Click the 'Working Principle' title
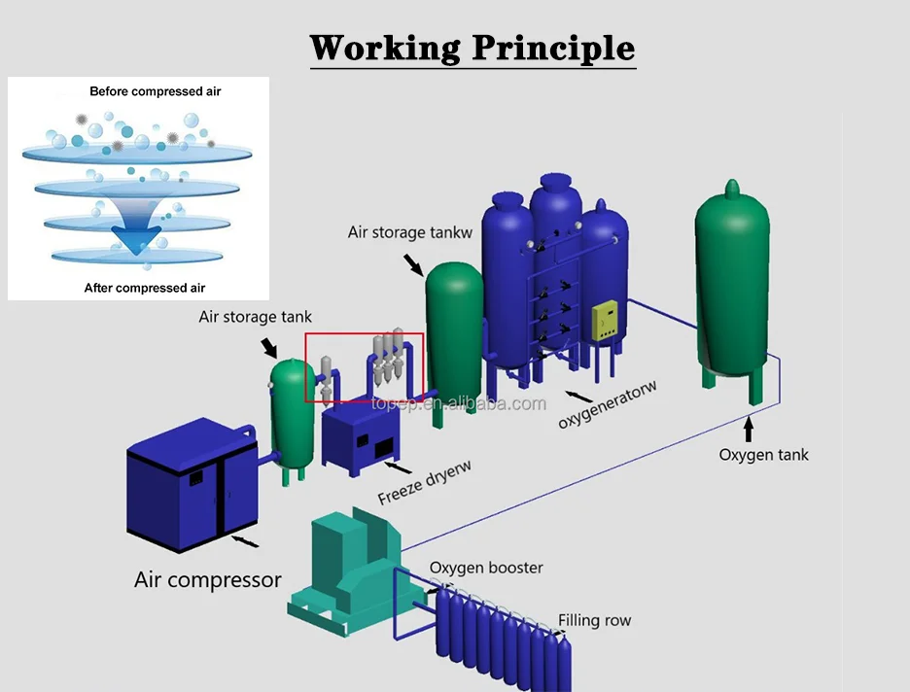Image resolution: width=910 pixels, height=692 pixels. [472, 47]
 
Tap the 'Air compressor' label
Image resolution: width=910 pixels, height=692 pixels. [207, 580]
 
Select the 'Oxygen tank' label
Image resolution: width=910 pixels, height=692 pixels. [763, 454]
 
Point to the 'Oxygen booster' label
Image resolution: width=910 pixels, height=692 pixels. [486, 568]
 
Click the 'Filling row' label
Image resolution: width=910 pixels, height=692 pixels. [594, 620]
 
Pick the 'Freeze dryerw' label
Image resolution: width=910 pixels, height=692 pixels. [425, 482]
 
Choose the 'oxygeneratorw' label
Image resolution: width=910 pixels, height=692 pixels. [608, 405]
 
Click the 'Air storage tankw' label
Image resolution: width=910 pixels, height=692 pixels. [409, 232]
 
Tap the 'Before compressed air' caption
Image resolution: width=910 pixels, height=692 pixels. [156, 91]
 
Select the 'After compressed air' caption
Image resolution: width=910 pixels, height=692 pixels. [145, 288]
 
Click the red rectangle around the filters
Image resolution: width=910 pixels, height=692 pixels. [364, 366]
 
